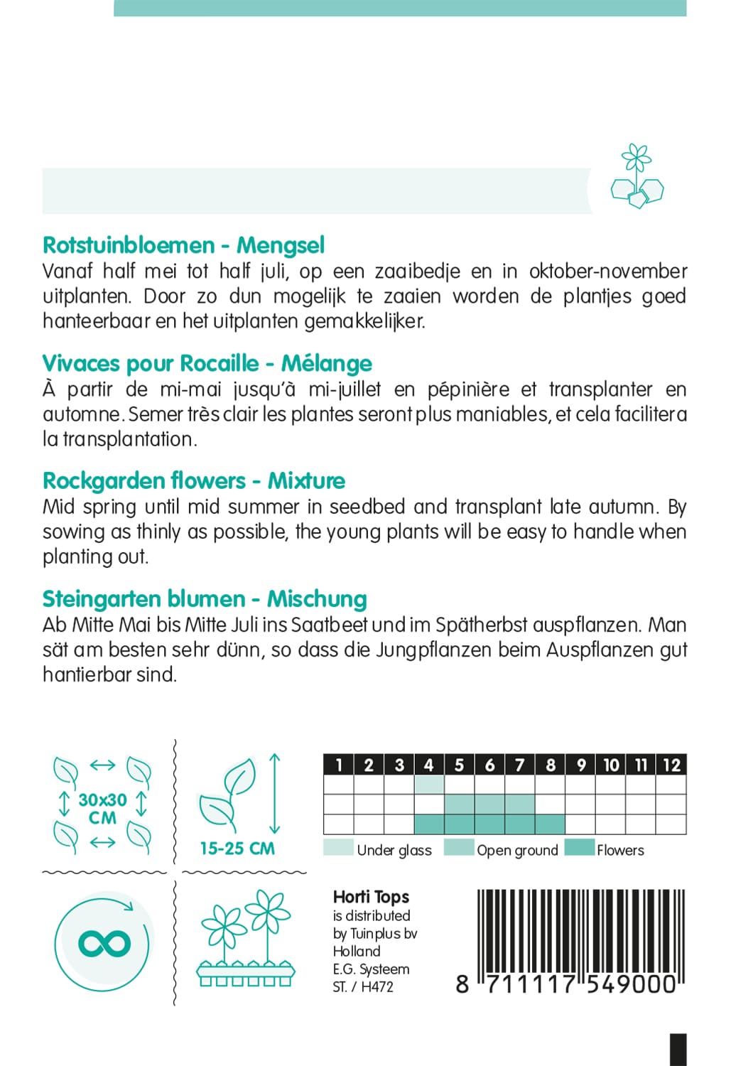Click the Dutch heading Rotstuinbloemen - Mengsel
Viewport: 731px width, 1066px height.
(x=183, y=245)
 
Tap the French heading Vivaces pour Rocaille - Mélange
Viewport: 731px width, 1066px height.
(x=207, y=363)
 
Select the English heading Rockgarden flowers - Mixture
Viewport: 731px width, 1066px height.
(x=193, y=481)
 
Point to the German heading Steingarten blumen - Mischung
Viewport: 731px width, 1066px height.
(x=205, y=599)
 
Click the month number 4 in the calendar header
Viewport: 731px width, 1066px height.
(x=428, y=765)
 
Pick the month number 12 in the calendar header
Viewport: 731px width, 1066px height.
(x=671, y=765)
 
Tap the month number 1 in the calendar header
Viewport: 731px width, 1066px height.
(x=339, y=765)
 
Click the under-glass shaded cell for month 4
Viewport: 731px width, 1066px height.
(x=428, y=785)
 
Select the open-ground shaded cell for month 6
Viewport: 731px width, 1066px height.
(x=489, y=804)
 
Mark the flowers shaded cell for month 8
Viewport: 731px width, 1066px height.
(x=550, y=824)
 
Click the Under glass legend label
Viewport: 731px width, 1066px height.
(x=394, y=850)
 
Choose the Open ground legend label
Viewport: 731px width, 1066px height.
(x=517, y=850)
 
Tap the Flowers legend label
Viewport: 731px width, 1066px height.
(x=620, y=850)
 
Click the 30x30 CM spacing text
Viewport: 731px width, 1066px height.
(x=102, y=809)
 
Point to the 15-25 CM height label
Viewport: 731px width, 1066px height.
(x=237, y=849)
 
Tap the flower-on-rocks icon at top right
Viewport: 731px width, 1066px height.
(x=637, y=177)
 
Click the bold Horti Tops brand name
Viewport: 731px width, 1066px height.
(x=371, y=897)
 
